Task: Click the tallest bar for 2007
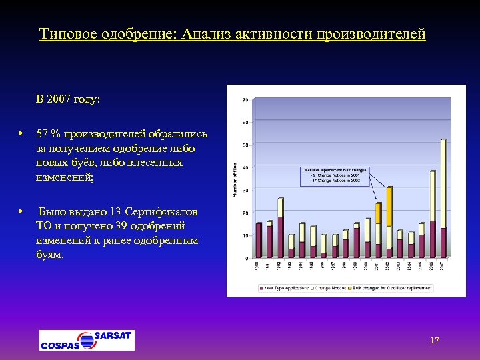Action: pyautogui.click(x=443, y=193)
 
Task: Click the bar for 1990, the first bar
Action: pyautogui.click(x=258, y=240)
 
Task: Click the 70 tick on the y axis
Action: pyautogui.click(x=245, y=100)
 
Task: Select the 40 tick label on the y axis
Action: pyautogui.click(x=245, y=167)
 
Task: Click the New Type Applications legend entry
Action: pyautogui.click(x=283, y=288)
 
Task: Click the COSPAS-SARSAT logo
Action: pyautogui.click(x=87, y=340)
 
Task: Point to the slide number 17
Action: pyautogui.click(x=435, y=341)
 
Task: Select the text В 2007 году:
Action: pyautogui.click(x=69, y=99)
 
